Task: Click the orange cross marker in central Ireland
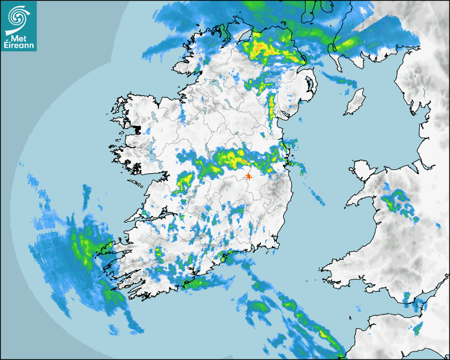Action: [x=248, y=176]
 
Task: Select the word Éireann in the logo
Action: [x=19, y=46]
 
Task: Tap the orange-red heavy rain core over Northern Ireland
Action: [x=263, y=49]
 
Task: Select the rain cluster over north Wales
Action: [x=398, y=201]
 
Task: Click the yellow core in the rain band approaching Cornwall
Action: [x=322, y=334]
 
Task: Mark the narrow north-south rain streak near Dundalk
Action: [x=272, y=106]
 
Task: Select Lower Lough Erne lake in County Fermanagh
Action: [x=215, y=83]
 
